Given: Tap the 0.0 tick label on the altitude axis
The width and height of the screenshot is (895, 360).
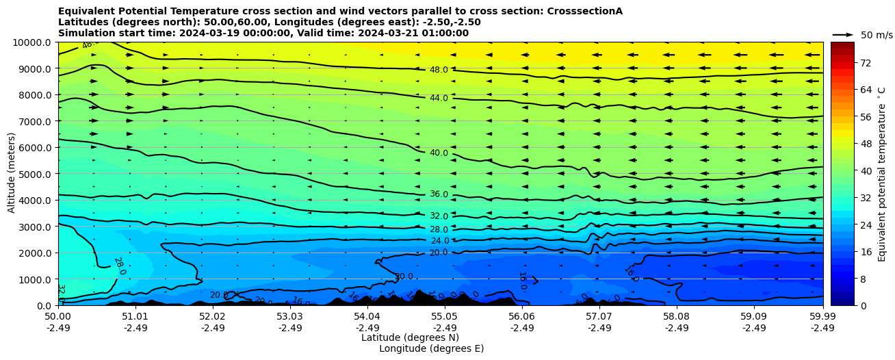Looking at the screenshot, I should point(45,306).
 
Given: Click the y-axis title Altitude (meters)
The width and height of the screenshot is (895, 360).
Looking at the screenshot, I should point(12,174).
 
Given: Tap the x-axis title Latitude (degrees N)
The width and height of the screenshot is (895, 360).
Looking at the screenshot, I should point(410,337).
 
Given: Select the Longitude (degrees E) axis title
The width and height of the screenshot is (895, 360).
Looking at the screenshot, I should point(431,348).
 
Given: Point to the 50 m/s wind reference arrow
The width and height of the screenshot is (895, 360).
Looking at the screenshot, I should point(843,35).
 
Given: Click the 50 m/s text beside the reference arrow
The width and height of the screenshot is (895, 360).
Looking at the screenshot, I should point(877,35).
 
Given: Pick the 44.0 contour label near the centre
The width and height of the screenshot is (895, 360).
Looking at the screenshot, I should point(439,98).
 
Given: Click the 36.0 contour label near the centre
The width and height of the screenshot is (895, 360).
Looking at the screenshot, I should point(439,194).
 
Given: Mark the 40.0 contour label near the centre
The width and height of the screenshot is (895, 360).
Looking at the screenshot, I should point(439,153).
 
